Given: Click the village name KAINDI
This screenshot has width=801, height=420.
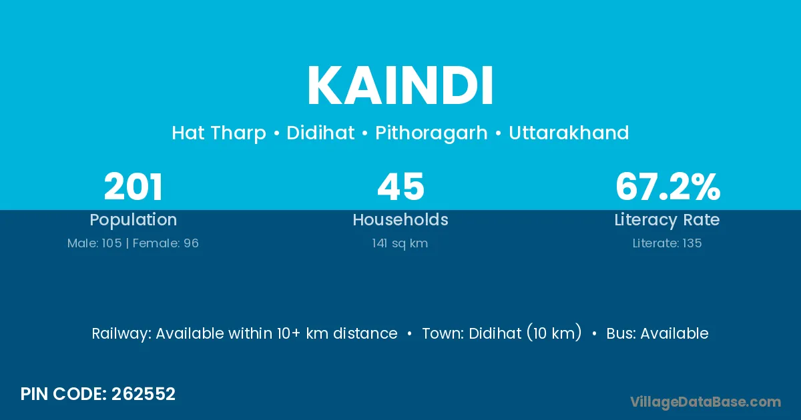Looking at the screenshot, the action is tap(400, 85).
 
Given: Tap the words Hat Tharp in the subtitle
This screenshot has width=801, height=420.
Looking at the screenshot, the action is tap(219, 133).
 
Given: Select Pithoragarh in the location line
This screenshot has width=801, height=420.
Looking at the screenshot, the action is tap(431, 133).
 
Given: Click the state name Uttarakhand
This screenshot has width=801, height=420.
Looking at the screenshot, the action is tap(569, 133).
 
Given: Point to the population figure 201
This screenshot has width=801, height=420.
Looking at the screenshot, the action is tap(133, 187).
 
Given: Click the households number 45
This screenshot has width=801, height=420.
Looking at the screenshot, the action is tap(401, 187).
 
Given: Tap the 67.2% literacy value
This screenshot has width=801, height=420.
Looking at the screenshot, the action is tap(667, 187).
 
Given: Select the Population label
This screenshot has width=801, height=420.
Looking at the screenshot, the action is tap(133, 219).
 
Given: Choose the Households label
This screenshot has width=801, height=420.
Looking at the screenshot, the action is tap(400, 219).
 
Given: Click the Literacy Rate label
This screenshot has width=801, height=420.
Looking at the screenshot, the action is tap(667, 220).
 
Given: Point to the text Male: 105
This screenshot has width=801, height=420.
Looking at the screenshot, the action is tap(94, 243).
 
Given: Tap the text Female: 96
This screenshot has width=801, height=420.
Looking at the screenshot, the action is tap(166, 243).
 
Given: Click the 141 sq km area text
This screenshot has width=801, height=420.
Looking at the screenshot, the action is tap(400, 243).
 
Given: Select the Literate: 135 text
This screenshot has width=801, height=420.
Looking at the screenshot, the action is tap(667, 243).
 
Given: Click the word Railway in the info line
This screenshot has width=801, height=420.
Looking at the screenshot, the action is tap(121, 334).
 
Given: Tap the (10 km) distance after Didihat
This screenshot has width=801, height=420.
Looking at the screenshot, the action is tap(554, 333).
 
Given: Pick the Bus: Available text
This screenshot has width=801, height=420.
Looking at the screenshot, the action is tap(657, 333).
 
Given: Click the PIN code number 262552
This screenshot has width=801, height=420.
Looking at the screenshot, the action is tap(144, 394).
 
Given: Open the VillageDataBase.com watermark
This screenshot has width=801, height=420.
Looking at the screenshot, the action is tap(706, 402).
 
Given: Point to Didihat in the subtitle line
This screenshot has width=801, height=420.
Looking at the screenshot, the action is tap(320, 133).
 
